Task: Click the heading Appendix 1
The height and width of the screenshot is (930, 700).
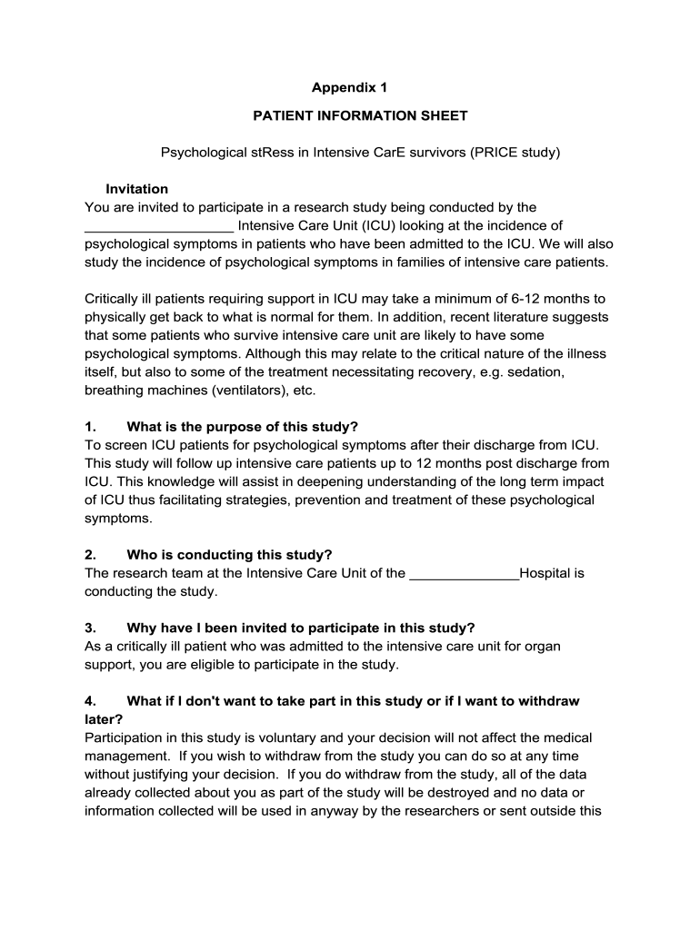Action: (349, 88)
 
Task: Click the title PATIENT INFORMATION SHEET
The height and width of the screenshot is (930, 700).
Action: (360, 115)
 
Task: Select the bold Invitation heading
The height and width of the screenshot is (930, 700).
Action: (136, 189)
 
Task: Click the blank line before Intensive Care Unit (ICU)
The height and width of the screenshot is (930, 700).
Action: (159, 227)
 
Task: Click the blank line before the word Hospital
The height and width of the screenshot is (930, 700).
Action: (464, 574)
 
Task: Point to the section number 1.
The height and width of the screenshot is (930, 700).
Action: (90, 427)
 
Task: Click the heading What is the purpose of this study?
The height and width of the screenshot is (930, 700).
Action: (243, 427)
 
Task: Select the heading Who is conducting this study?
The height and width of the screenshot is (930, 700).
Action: (229, 555)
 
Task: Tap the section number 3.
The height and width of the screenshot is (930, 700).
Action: (90, 628)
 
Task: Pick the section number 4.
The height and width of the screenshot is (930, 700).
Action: (90, 701)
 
